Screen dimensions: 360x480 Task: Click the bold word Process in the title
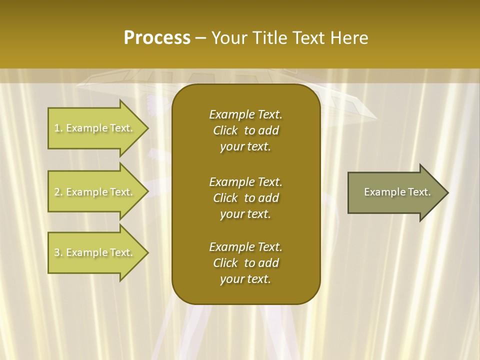coord(157,38)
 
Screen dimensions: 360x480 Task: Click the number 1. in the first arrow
coord(58,128)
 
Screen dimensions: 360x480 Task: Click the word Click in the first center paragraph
coord(225,130)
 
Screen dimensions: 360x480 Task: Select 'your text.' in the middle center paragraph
coord(245,214)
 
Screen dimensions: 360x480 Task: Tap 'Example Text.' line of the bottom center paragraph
coord(245,247)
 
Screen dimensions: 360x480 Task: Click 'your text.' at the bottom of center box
coord(245,279)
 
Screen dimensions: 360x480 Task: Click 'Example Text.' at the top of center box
coord(245,114)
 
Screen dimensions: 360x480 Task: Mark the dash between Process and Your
coord(201,38)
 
